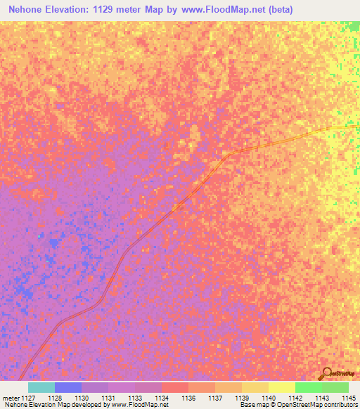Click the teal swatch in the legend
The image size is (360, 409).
coord(41,387)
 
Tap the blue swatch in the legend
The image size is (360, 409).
coord(68,387)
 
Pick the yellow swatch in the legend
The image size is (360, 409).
coord(282,387)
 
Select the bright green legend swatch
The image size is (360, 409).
coord(309,387)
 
